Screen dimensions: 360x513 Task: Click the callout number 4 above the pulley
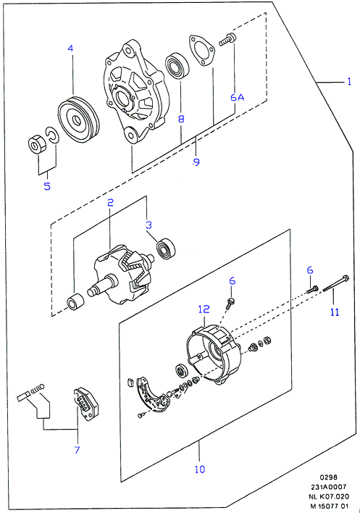pyautogui.click(x=71, y=49)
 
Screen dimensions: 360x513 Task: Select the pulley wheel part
pyautogui.click(x=78, y=120)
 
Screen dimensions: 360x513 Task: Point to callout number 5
pyautogui.click(x=47, y=186)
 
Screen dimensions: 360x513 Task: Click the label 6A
pyautogui.click(x=237, y=97)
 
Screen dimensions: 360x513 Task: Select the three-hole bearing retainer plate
pyautogui.click(x=202, y=50)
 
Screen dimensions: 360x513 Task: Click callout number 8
pyautogui.click(x=181, y=119)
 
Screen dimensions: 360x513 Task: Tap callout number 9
pyautogui.click(x=196, y=162)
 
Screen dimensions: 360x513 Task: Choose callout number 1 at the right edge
pyautogui.click(x=349, y=81)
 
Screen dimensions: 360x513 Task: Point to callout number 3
pyautogui.click(x=148, y=225)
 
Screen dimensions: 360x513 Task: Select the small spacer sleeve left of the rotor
pyautogui.click(x=75, y=302)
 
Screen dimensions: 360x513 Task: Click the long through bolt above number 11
pyautogui.click(x=336, y=283)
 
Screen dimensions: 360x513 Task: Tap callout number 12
pyautogui.click(x=204, y=309)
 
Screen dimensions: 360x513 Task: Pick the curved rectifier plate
pyautogui.click(x=152, y=395)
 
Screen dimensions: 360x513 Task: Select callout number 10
pyautogui.click(x=199, y=470)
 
